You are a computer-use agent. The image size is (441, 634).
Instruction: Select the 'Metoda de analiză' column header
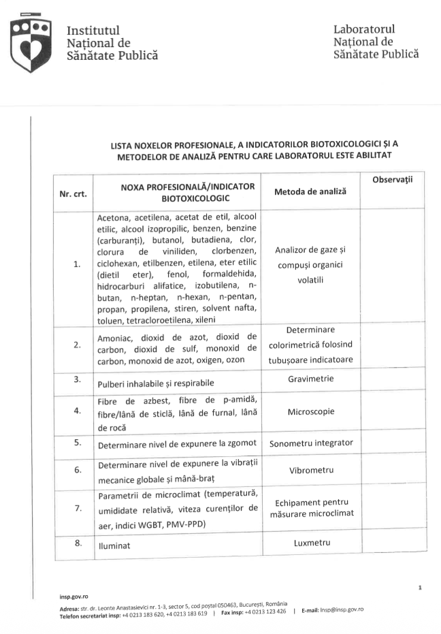coord(310,192)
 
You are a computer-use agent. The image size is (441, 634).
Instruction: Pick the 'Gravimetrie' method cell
coord(310,379)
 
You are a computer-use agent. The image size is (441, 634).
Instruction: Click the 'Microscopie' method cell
coord(310,412)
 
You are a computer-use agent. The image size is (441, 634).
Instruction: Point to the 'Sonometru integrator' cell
coord(310,443)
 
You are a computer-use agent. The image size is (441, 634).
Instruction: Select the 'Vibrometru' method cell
coord(310,471)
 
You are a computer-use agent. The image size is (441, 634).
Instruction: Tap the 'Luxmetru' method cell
coord(310,543)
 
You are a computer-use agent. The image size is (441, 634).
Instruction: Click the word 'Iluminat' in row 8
coord(114,546)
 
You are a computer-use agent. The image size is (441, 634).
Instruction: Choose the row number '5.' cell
coord(78,443)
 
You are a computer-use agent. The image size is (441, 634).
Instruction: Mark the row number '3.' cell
coord(78,379)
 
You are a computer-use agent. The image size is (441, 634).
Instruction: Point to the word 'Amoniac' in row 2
coord(116,336)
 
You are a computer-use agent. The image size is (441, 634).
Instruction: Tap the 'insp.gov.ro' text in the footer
coord(74,595)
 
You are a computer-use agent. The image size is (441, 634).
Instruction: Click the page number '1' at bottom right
coord(421,586)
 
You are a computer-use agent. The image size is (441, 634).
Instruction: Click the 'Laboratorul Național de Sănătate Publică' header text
coord(376,42)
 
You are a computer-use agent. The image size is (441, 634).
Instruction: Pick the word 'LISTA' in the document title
coord(123,145)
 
